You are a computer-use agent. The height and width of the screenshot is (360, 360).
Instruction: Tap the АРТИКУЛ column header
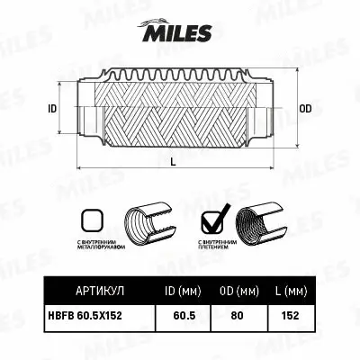[94, 292]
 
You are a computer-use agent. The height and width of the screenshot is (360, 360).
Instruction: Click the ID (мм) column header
[184, 292]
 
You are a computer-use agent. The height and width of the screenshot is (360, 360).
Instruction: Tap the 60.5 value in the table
[184, 316]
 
